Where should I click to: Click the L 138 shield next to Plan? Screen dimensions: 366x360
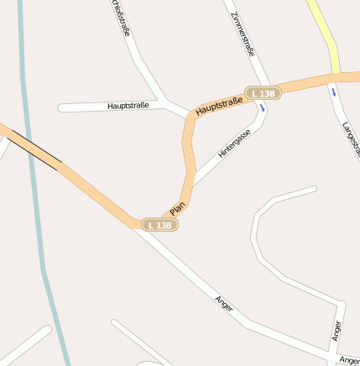pos(159,225)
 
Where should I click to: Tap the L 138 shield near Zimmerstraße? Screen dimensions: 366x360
pos(263,92)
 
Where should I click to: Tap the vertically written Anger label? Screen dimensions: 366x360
pos(337,331)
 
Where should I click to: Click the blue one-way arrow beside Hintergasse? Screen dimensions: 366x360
pos(263,107)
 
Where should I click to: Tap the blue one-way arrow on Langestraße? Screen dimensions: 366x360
pos(333,91)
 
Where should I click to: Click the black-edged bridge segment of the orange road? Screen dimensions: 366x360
pos(33,149)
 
